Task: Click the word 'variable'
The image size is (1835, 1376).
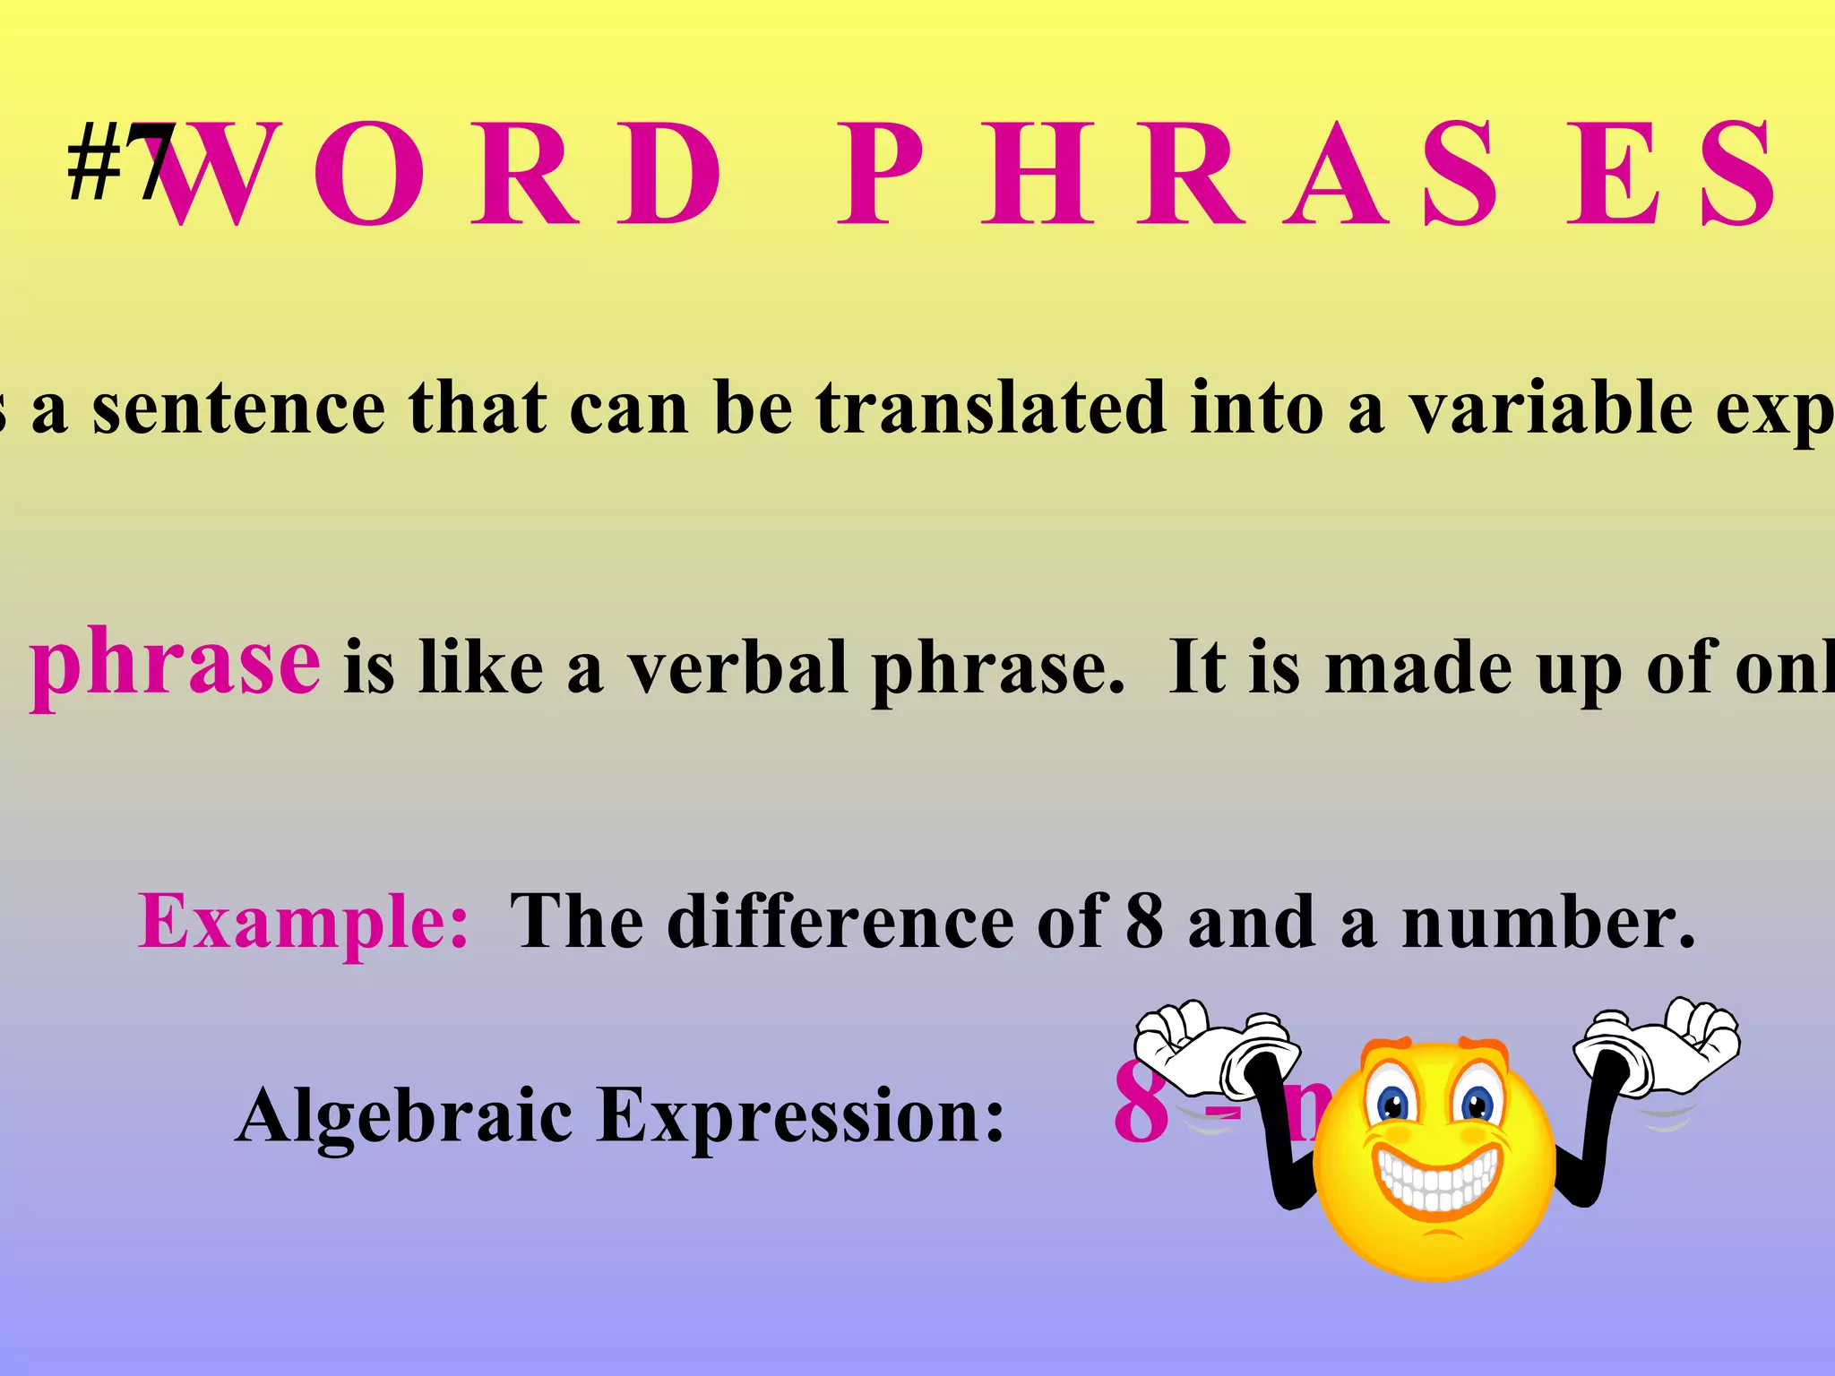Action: [x=1550, y=408]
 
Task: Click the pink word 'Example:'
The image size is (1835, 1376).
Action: [x=303, y=923]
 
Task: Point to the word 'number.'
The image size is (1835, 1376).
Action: [x=1548, y=923]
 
